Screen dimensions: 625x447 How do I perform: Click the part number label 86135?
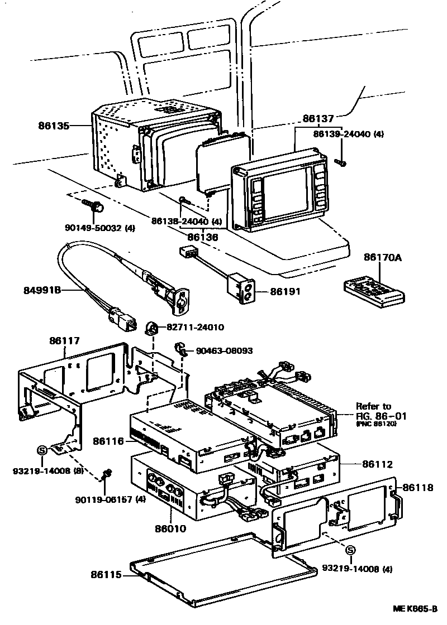coord(54,126)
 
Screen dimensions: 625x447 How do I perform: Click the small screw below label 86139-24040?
coord(341,162)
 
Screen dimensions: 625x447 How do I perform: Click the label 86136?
coord(202,237)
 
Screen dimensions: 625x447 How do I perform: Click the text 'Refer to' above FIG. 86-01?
coord(373,406)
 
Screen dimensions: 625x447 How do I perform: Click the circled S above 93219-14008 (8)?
coord(42,449)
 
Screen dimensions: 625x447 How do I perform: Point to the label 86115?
coord(110,574)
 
